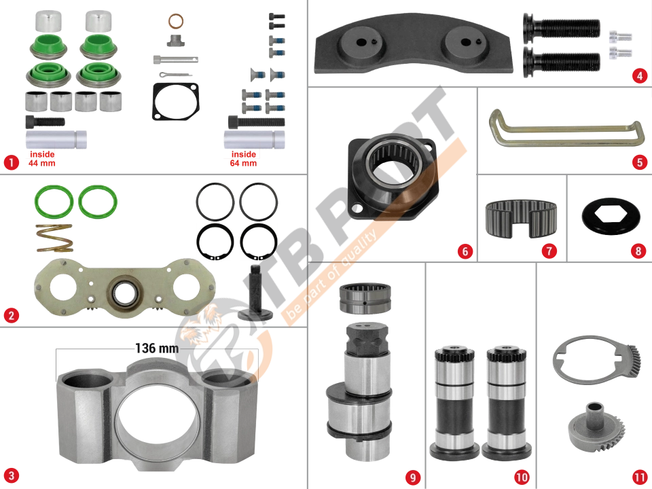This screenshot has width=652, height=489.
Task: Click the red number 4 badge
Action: [x=640, y=76]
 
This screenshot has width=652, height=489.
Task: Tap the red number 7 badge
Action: [x=549, y=251]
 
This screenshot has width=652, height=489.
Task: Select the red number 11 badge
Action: [x=640, y=477]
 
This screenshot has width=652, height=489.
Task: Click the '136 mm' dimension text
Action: [x=157, y=348]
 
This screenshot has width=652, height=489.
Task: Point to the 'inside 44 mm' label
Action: [x=41, y=159]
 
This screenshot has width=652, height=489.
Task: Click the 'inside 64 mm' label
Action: [x=243, y=159]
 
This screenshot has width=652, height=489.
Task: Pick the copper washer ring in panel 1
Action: [x=176, y=21]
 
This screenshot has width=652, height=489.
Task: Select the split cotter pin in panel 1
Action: [x=175, y=75]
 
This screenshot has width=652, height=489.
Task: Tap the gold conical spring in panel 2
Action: [x=54, y=238]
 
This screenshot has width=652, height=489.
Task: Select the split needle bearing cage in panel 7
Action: [x=521, y=218]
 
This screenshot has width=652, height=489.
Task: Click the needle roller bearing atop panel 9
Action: [x=365, y=298]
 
